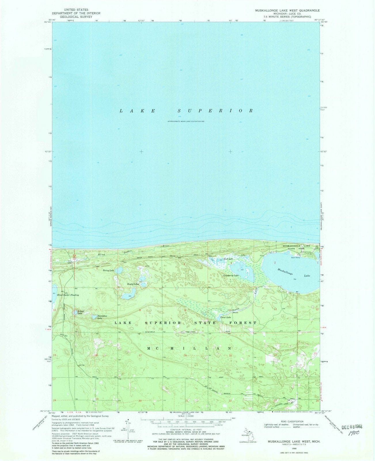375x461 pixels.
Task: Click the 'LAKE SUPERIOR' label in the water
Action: [x=187, y=111]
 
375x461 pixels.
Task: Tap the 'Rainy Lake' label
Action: [x=109, y=271]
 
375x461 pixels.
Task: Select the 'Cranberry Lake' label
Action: [x=231, y=276]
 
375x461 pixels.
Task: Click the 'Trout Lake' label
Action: [x=226, y=317]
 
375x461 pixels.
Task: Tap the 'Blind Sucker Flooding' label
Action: [x=68, y=295]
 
